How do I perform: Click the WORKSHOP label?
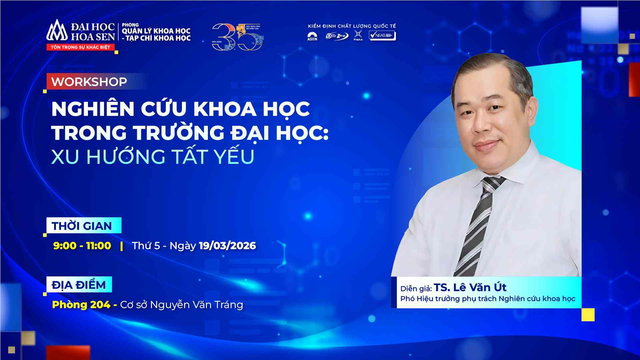[x=89, y=82]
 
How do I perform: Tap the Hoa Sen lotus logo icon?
[x=57, y=31]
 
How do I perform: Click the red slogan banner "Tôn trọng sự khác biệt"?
[x=80, y=47]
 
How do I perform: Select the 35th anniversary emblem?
[x=237, y=37]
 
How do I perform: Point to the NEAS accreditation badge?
[x=382, y=35]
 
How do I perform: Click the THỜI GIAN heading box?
[x=82, y=226]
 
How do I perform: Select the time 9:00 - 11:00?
[x=82, y=246]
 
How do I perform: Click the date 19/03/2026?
[x=227, y=246]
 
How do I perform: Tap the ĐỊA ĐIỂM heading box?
[x=79, y=285]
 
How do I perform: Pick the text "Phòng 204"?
[x=81, y=305]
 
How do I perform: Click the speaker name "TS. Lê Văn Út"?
[x=470, y=287]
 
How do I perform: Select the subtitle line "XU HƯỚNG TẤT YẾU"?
[x=153, y=157]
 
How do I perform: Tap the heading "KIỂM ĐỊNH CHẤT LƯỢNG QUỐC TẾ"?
[x=352, y=26]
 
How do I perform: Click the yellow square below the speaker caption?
[x=588, y=315]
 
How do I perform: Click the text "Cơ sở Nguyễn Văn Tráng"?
[x=182, y=305]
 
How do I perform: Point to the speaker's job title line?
[x=488, y=299]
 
